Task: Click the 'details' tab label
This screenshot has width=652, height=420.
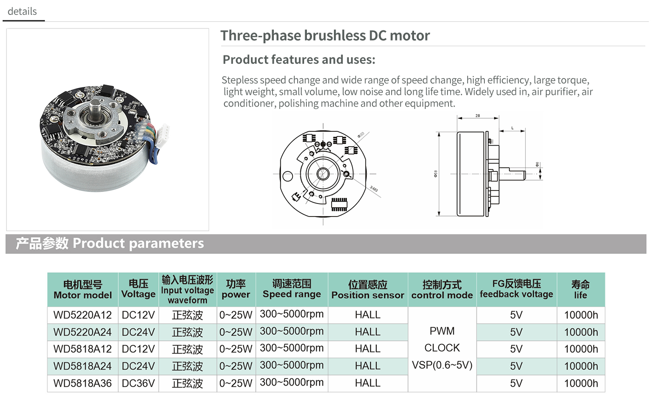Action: click(x=22, y=11)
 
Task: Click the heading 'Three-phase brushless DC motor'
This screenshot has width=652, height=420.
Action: click(x=325, y=35)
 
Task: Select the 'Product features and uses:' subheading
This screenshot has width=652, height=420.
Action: click(x=299, y=60)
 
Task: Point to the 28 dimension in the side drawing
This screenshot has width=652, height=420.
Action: click(x=477, y=115)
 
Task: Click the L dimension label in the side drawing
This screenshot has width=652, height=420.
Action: click(x=512, y=128)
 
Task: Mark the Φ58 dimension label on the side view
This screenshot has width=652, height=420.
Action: click(x=435, y=174)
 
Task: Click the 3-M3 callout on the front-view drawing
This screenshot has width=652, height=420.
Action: click(x=374, y=189)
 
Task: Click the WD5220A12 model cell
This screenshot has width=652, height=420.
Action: click(x=82, y=315)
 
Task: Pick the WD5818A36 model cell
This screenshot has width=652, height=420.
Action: click(x=82, y=384)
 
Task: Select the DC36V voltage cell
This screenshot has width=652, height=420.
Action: click(x=138, y=384)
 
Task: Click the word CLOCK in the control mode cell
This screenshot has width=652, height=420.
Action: click(x=442, y=348)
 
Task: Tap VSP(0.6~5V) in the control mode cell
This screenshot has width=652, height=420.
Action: click(x=442, y=365)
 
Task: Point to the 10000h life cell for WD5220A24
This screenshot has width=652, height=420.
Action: click(x=581, y=332)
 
